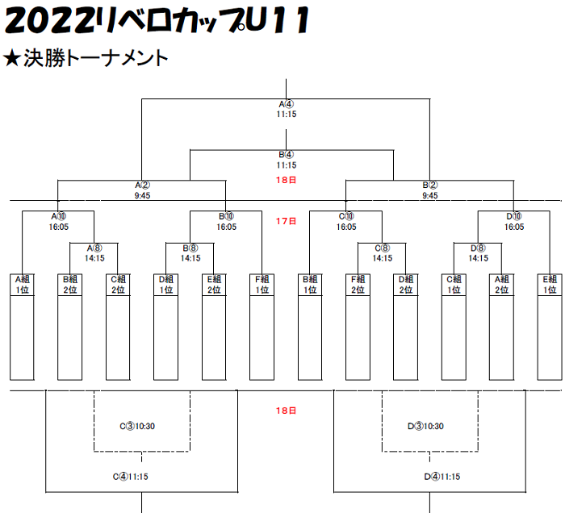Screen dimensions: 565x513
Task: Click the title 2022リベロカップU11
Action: [x=157, y=20]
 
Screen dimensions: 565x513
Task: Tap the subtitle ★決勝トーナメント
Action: [x=86, y=58]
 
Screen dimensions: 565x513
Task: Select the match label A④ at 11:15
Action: [x=287, y=109]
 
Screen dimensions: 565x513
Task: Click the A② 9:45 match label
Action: [x=143, y=190]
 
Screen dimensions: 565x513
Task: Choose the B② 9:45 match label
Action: [x=430, y=190]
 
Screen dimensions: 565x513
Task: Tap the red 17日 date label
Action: [x=286, y=221]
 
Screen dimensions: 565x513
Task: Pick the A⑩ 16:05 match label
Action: [x=59, y=221]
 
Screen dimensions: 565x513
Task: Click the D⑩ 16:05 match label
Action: [x=514, y=221]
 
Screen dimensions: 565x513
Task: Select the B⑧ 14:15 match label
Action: [x=190, y=253]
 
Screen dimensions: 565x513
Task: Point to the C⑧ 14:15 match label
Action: [x=383, y=253]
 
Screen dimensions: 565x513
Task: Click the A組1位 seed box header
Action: [x=22, y=285]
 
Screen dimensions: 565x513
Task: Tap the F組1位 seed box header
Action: [x=262, y=285]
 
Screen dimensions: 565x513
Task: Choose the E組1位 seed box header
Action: [x=550, y=285]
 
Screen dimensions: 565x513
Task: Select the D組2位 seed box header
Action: [x=406, y=285]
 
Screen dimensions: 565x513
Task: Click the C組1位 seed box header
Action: [x=454, y=285]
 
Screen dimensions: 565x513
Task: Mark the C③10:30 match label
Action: [x=137, y=426]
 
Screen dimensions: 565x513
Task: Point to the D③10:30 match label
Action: [x=425, y=426]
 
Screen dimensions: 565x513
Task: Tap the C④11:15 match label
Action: [x=131, y=477]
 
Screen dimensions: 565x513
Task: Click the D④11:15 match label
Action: [x=442, y=477]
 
